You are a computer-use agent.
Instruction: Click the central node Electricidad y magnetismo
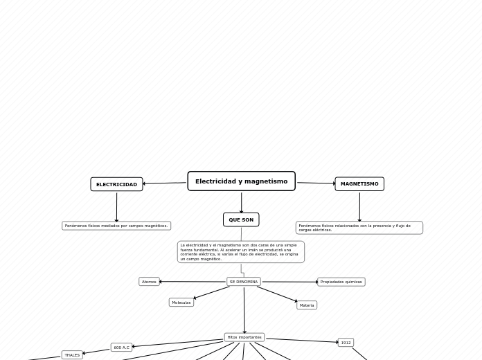[x=241, y=181]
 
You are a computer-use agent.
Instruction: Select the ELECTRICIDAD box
[x=116, y=184]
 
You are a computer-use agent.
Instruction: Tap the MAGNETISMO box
[x=359, y=183]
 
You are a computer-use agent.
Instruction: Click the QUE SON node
[x=241, y=219]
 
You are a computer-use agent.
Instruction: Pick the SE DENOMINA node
[x=244, y=282]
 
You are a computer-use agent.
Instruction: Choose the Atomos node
[x=149, y=282]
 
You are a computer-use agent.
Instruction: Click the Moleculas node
[x=181, y=303]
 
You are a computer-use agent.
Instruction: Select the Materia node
[x=307, y=305]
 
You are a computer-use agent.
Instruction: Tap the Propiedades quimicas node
[x=341, y=282]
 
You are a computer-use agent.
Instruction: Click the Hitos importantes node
[x=244, y=337]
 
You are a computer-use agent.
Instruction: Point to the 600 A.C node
[x=121, y=348]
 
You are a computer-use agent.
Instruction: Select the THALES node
[x=72, y=355]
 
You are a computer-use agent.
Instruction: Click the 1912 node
[x=346, y=342]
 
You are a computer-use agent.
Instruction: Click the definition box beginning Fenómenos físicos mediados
[x=116, y=226]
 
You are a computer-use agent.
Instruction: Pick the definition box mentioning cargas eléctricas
[x=359, y=228]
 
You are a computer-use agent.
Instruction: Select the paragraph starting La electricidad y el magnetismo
[x=240, y=252]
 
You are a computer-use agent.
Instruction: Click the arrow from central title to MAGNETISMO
[x=315, y=183]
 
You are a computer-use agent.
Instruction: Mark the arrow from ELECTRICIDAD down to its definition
[x=116, y=206]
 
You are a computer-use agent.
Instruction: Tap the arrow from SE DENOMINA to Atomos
[x=194, y=282]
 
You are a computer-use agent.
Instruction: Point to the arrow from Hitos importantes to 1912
[x=301, y=340]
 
